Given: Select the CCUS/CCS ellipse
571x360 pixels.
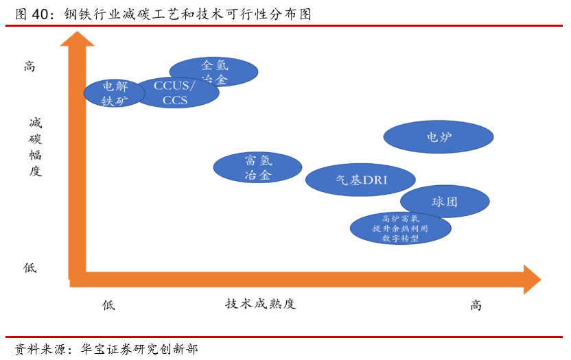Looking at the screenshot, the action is click(176, 93).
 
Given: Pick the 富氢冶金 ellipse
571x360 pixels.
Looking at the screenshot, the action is click(257, 168).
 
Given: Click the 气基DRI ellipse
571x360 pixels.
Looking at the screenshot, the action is click(360, 180).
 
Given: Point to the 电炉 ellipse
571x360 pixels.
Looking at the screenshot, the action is click(438, 137).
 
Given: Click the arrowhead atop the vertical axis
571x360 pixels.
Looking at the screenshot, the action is click(77, 38).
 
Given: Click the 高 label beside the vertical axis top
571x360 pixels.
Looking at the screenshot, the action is click(30, 67).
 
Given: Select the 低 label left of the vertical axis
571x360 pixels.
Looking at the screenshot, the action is click(30, 268).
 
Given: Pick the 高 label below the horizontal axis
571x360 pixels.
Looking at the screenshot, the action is click(476, 305).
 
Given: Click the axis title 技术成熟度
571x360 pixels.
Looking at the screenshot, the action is click(260, 304).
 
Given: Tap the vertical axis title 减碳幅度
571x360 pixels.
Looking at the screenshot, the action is click(35, 147).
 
